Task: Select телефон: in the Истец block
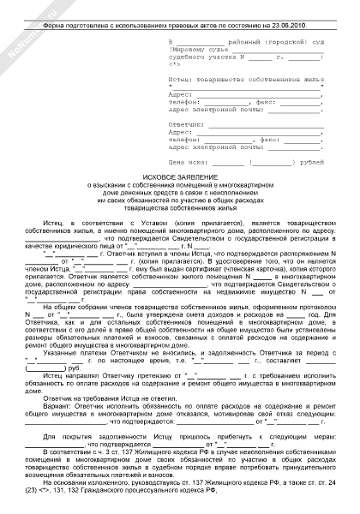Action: [x=187, y=100]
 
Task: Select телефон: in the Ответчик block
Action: [x=187, y=139]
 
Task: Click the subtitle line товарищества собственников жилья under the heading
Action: [x=179, y=206]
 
